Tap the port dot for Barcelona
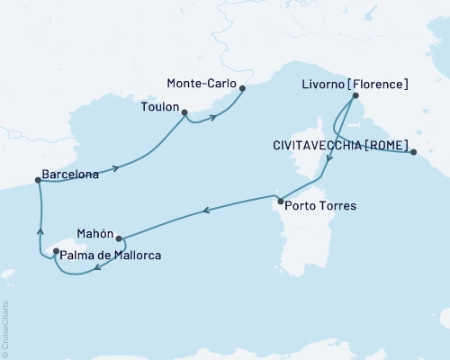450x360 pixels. tap(38, 180)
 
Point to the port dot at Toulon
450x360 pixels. tap(184, 113)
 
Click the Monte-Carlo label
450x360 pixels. tap(202, 83)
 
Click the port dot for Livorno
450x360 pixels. tap(355, 96)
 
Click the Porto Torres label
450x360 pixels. tap(319, 206)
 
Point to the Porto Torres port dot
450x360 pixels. tap(281, 201)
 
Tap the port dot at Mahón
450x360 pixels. tap(119, 239)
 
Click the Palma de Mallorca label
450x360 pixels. tap(112, 256)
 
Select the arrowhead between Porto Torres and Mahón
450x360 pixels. tap(206, 211)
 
